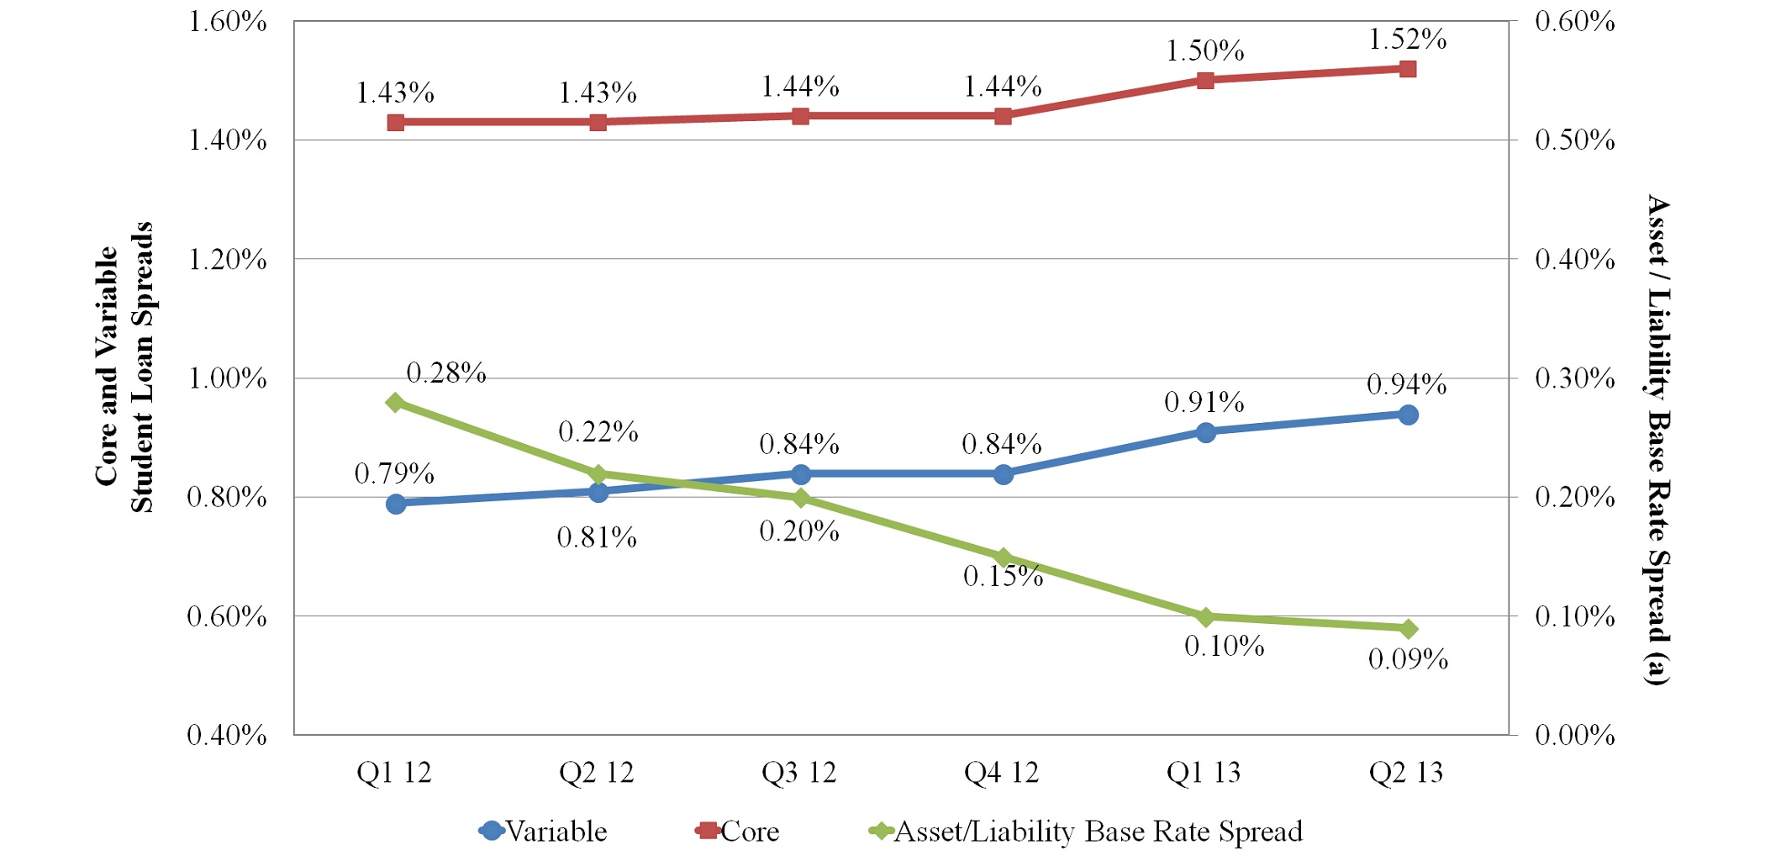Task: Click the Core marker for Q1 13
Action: tap(1205, 81)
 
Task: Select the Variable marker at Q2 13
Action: tap(1409, 415)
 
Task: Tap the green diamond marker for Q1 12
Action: tap(396, 403)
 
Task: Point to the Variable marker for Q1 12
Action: tap(396, 504)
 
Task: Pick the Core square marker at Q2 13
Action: tap(1408, 69)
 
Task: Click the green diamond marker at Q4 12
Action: tap(1003, 557)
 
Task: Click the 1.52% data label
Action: tap(1408, 40)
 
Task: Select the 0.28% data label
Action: tap(446, 373)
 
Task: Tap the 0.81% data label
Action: tap(597, 537)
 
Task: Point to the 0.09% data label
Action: tap(1409, 659)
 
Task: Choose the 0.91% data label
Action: tap(1204, 403)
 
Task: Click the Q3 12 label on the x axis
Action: tap(799, 773)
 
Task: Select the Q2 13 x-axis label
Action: tap(1406, 773)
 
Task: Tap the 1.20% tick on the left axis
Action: tap(227, 260)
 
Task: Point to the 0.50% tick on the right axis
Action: tap(1575, 140)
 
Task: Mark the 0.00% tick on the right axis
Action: tap(1575, 736)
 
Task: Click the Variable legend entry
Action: tap(544, 832)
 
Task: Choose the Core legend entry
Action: tap(738, 832)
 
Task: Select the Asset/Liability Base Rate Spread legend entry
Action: tap(1086, 832)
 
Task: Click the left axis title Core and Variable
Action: tap(108, 367)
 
